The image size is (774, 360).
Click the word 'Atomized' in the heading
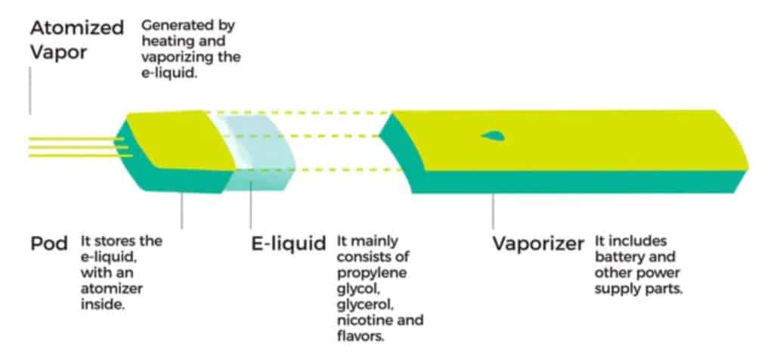coord(76,29)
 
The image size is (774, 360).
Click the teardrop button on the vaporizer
coord(492,136)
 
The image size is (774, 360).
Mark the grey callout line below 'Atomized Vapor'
coord(31,91)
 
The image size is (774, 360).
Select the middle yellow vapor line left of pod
coord(76,147)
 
